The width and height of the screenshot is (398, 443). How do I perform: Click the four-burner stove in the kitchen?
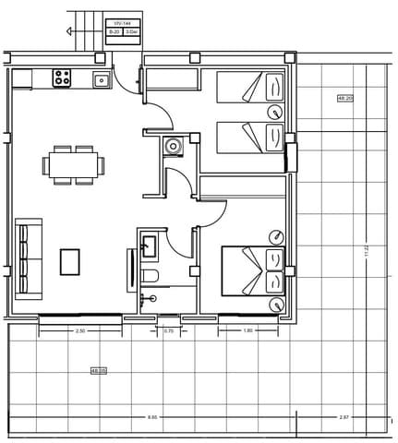point(63,78)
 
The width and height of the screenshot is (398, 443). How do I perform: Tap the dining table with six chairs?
point(73,165)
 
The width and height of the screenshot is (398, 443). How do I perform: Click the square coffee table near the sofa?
point(70,262)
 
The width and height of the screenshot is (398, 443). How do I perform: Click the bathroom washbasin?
point(149,245)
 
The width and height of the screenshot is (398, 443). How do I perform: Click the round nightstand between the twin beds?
point(274,112)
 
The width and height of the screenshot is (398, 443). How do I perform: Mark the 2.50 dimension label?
point(80,330)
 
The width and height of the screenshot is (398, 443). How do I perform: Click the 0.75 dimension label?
point(168,330)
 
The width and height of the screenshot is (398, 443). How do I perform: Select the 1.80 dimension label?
point(247,330)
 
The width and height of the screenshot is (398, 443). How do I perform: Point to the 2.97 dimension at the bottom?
point(344,417)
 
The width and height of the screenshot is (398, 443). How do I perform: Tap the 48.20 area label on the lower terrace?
point(98,371)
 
